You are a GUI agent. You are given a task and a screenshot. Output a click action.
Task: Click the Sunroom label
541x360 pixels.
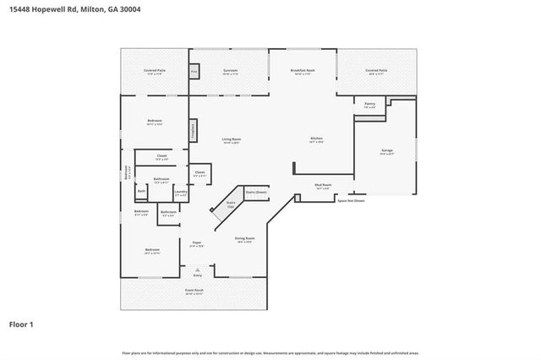tap(230, 71)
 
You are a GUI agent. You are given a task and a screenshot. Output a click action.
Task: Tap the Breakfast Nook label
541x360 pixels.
tap(303, 71)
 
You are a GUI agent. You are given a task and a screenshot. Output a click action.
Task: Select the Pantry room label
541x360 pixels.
tap(369, 105)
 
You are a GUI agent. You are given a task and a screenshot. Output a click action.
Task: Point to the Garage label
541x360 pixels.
tap(386, 151)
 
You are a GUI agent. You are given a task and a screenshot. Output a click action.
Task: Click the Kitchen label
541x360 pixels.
tap(315, 139)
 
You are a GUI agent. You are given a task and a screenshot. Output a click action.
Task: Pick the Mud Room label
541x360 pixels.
tap(322, 185)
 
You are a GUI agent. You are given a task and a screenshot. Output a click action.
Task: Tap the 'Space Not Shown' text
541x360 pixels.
tap(352, 200)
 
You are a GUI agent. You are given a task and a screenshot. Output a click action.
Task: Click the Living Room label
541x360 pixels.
tap(232, 139)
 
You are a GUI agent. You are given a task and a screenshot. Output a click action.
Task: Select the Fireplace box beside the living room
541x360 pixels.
tap(193, 130)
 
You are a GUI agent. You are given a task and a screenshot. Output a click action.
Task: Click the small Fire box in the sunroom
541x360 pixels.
tap(193, 74)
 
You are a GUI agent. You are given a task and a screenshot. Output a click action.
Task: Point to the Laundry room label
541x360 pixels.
tap(180, 193)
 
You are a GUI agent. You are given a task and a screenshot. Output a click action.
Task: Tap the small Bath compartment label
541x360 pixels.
tap(141, 192)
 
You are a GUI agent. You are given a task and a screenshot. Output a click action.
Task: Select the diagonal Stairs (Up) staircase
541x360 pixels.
tap(227, 205)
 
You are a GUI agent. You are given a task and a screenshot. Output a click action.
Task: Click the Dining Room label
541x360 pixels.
tap(244, 239)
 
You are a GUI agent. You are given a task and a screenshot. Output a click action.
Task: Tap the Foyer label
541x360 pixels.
tap(196, 243)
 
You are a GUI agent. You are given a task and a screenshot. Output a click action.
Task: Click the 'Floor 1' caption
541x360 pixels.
tap(21, 325)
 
